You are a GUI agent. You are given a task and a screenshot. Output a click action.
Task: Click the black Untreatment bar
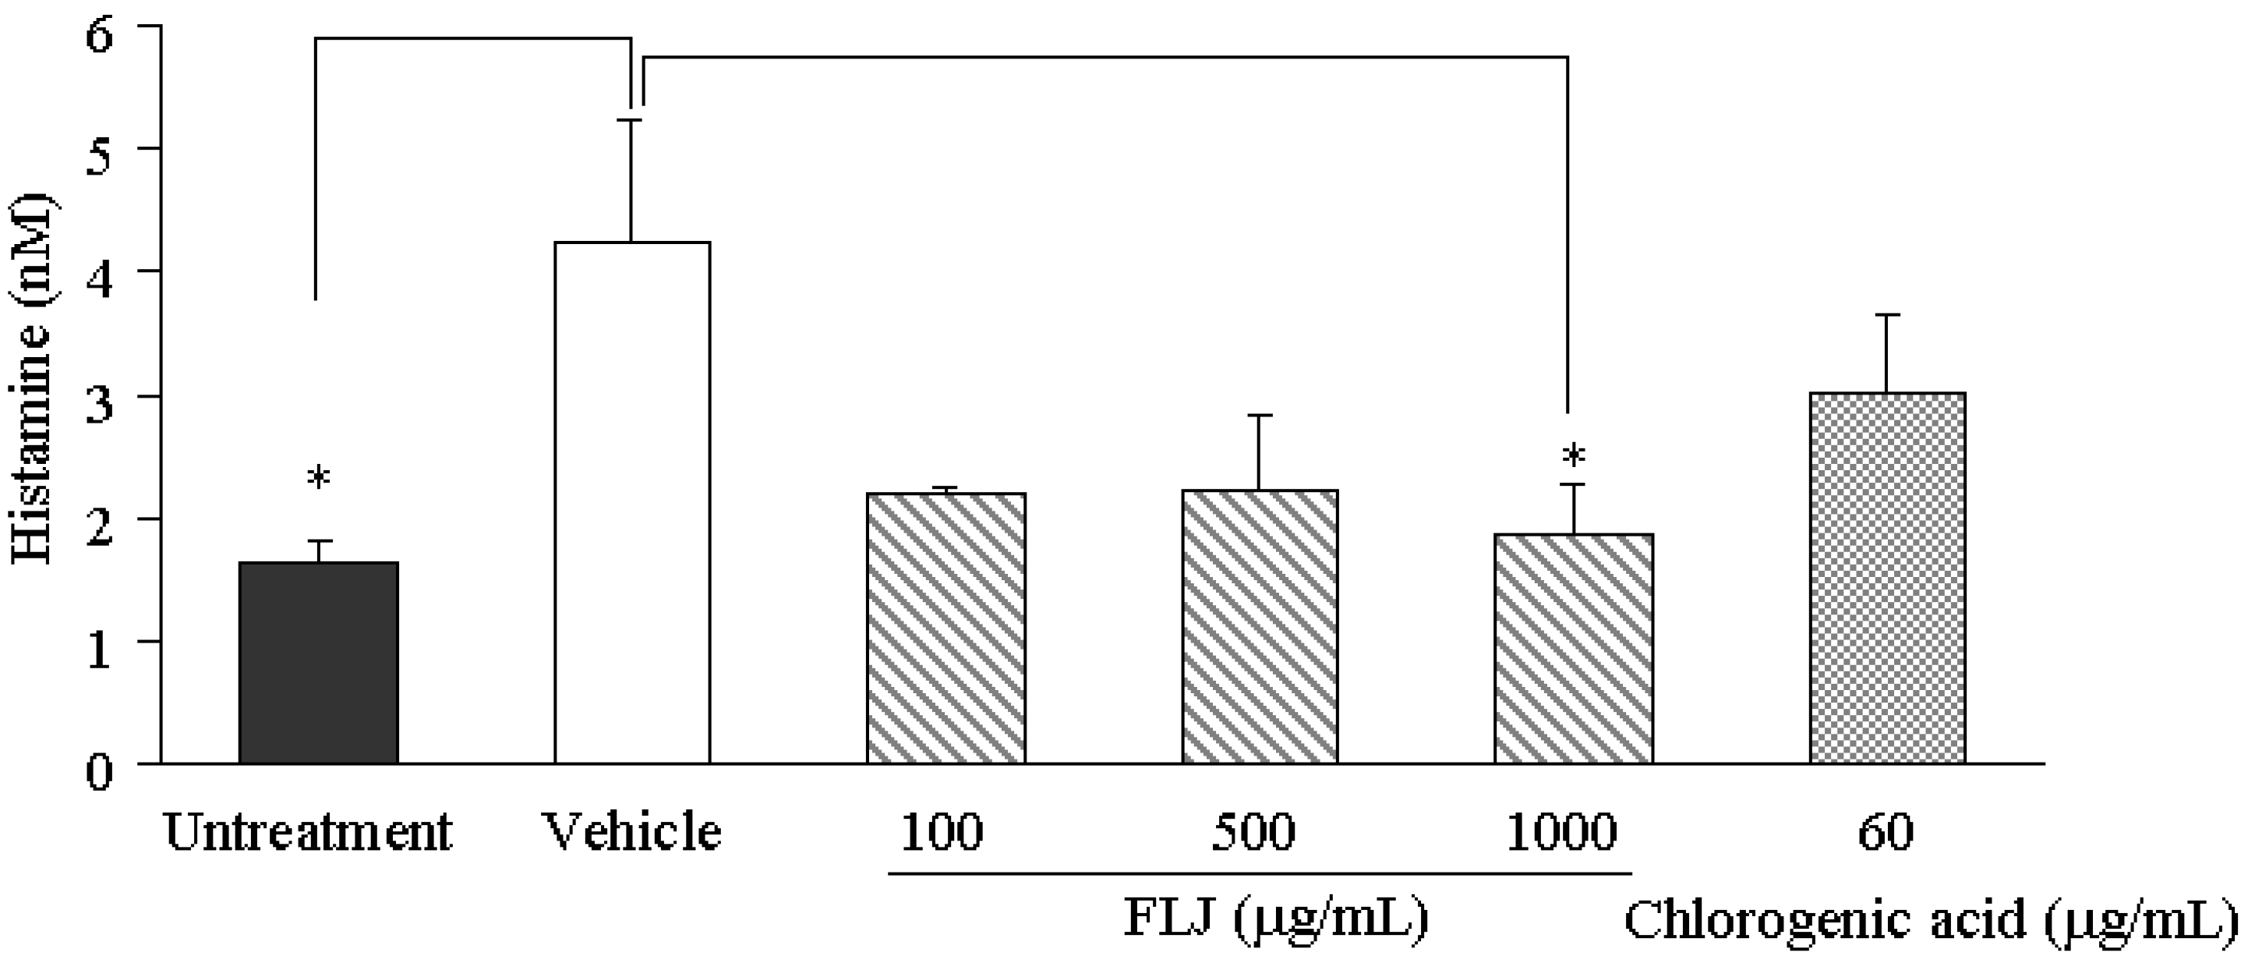pos(318,663)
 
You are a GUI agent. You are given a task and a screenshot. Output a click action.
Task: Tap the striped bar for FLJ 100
pos(946,628)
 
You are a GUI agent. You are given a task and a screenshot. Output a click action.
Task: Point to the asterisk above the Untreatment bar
pos(319,480)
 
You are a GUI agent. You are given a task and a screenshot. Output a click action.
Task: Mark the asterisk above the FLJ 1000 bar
pos(1574,455)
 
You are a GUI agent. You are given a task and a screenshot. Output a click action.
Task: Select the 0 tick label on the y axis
pos(101,772)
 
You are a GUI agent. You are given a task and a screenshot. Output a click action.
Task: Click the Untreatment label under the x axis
pos(308,832)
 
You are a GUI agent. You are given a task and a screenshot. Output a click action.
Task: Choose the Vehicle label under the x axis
pos(632,832)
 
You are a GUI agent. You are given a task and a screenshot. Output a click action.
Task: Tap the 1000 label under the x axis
pos(1561,832)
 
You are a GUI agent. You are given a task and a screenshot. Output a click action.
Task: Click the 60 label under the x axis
pos(1885,832)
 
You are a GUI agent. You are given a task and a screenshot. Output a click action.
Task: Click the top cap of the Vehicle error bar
pos(632,121)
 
